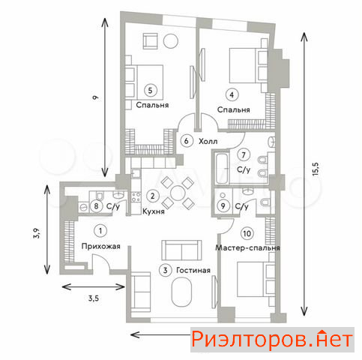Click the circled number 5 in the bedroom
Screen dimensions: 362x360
point(150,90)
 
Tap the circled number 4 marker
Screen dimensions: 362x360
point(232,95)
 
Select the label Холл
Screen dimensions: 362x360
point(208,142)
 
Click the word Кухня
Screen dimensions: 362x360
point(154,211)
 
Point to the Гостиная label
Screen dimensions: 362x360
point(193,270)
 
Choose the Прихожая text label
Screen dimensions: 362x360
point(100,246)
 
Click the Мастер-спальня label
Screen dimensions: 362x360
point(247,248)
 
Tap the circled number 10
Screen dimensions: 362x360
point(247,233)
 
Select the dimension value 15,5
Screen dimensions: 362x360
point(316,169)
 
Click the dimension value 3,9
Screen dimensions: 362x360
point(37,233)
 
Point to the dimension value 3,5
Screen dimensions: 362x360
point(94,298)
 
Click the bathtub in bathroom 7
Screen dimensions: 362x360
point(222,169)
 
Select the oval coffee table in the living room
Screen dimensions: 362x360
point(181,292)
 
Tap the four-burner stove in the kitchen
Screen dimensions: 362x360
point(136,196)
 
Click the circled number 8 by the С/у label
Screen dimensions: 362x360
point(96,206)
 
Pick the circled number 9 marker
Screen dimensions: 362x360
point(223,206)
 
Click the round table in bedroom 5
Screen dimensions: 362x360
point(171,41)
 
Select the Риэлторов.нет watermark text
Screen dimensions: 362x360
point(272,340)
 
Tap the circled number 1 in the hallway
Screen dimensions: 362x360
point(100,231)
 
